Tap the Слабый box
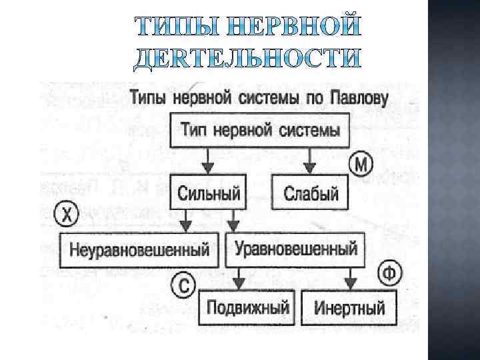click(311, 193)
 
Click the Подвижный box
click(247, 308)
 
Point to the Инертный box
click(349, 309)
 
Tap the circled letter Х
click(66, 215)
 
